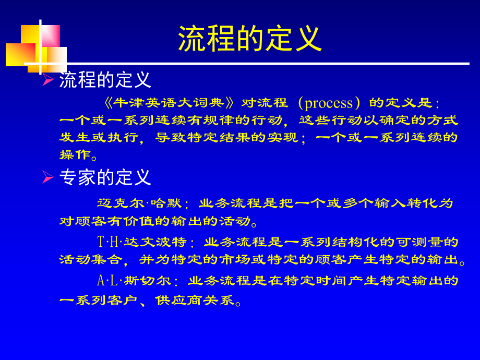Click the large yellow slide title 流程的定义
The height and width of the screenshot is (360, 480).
pos(250,39)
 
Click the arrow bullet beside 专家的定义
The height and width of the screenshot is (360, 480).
pos(48,178)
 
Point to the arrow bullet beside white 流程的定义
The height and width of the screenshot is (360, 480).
pos(48,80)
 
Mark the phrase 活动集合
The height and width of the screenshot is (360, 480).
pos(91,260)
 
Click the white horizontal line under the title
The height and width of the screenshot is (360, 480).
pos(261,64)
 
